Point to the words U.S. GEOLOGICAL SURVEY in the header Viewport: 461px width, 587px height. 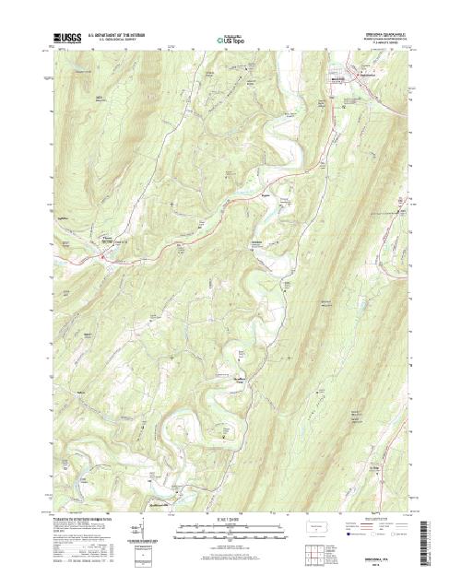[109, 41]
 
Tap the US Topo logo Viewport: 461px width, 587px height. [230, 41]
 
